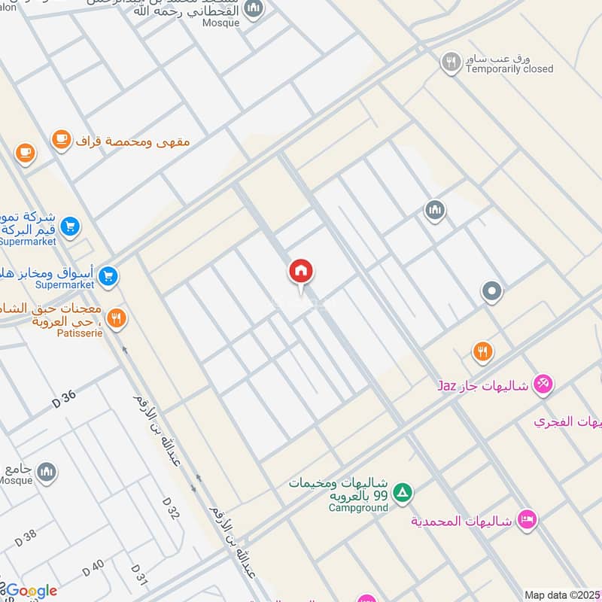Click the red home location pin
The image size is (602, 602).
pos(301,272)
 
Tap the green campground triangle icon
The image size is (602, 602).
pos(404,493)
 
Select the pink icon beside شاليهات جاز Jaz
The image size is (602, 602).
pos(543,385)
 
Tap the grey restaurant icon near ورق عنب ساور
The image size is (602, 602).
pos(451,62)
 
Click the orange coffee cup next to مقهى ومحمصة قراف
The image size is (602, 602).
pos(62,139)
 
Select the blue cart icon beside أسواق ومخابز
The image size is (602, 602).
pos(108,277)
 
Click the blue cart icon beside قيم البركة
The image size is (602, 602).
pos(70,226)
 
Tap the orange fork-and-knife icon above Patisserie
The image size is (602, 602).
pos(115,319)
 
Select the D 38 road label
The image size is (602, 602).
pos(25,536)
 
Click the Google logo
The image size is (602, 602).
pos(30,591)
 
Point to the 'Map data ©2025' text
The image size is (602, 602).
pos(561,594)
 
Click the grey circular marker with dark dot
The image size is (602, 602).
pos(492,291)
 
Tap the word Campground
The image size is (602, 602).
pos(358,508)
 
